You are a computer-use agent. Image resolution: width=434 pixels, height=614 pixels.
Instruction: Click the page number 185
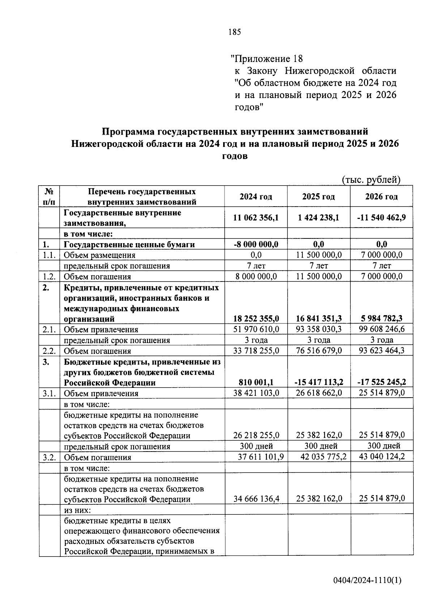tap(234, 32)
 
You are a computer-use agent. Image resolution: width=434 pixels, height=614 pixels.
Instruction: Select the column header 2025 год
tap(318, 196)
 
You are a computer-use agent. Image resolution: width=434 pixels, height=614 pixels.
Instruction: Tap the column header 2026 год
tap(381, 196)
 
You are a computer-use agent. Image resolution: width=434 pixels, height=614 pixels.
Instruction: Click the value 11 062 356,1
tap(256, 217)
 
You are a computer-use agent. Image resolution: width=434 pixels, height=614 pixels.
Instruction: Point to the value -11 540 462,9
tap(381, 217)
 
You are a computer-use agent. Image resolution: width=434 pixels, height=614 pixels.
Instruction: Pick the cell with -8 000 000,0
tap(256, 244)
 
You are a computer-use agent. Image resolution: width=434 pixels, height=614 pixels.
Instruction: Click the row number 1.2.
tap(49, 277)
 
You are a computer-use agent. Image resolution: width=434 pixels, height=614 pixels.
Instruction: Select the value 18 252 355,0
tap(256, 318)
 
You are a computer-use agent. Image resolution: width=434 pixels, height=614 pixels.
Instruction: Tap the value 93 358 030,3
tap(318, 329)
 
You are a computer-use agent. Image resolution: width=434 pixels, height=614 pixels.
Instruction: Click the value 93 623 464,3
tap(381, 351)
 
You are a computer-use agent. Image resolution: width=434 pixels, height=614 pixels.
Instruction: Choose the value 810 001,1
tap(256, 382)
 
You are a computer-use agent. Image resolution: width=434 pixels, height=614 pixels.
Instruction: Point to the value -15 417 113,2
tap(318, 382)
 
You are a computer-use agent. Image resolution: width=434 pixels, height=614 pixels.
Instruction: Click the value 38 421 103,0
tap(256, 393)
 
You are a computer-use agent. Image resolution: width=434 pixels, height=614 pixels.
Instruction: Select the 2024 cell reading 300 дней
tap(256, 446)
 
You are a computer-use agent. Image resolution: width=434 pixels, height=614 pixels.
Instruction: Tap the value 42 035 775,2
tap(323, 457)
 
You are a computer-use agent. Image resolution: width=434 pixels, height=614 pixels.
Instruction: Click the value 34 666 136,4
tap(256, 499)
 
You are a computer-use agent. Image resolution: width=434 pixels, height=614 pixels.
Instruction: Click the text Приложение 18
tap(267, 58)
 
